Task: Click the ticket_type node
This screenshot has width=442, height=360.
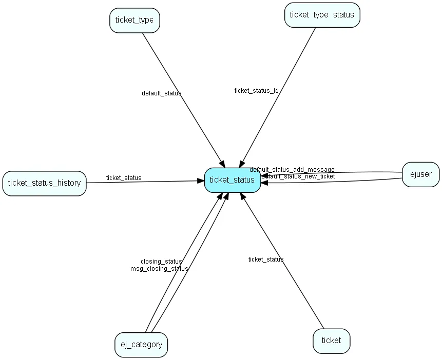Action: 134,21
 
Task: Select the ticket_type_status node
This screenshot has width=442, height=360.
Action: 322,15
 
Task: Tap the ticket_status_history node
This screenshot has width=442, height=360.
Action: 44,183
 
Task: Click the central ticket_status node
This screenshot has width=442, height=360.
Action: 232,180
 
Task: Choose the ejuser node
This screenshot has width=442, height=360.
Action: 420,174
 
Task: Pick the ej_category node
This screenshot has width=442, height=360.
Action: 141,345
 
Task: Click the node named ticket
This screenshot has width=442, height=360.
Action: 331,341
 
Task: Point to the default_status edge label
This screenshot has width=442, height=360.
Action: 161,93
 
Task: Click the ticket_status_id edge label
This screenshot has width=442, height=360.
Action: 256,91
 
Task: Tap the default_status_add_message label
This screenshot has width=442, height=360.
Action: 292,169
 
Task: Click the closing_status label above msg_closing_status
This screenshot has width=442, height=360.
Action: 161,262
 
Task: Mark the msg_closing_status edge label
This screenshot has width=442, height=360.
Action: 159,268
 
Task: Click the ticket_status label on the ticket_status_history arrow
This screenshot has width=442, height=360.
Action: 123,178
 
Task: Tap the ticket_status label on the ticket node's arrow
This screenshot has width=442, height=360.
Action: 265,259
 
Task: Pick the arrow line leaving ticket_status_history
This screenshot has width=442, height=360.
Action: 144,182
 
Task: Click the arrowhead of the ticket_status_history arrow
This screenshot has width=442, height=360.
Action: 201,181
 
